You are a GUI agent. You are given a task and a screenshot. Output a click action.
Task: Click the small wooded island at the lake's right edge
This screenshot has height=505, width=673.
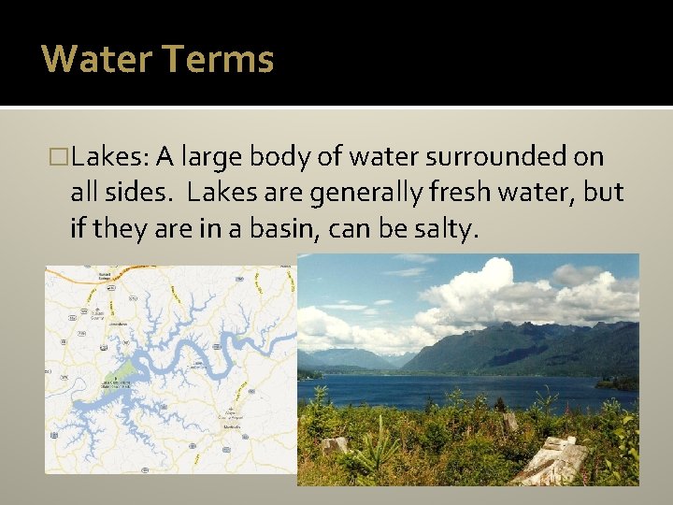pyautogui.click(x=617, y=382)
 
